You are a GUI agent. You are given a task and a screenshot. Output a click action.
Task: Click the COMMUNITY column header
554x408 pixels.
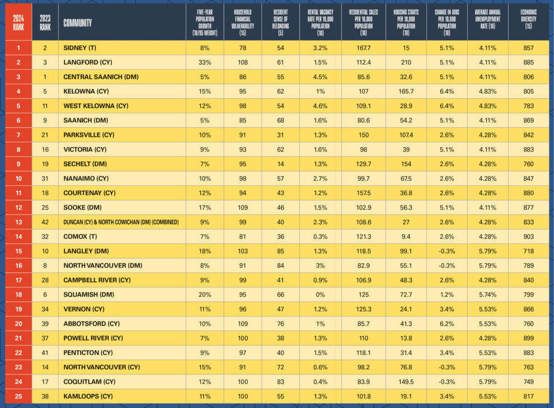click(x=77, y=23)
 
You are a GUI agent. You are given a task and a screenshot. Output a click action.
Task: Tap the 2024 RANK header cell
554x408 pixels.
click(x=19, y=22)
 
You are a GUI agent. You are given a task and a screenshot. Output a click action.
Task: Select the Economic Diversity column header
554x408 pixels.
click(x=528, y=19)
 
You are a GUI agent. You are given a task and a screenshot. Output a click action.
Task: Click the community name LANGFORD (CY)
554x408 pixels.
click(x=87, y=62)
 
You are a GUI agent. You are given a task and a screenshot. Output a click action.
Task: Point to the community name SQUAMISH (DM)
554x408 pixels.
click(x=89, y=295)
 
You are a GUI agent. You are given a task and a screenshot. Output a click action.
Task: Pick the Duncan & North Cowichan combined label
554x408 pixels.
click(x=121, y=222)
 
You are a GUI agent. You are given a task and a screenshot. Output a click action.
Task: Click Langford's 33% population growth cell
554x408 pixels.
click(x=205, y=62)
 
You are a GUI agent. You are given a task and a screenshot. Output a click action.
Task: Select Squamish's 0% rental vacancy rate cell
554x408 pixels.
click(x=320, y=295)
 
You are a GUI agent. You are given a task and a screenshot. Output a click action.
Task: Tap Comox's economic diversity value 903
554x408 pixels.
click(x=528, y=236)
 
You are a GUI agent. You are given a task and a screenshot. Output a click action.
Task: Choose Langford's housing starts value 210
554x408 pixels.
click(x=406, y=62)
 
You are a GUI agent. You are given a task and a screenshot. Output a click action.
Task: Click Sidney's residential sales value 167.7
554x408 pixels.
click(x=363, y=48)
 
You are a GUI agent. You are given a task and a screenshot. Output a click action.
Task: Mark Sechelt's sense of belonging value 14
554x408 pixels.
click(x=280, y=164)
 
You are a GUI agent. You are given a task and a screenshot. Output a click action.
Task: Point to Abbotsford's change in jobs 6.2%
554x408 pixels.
click(x=446, y=323)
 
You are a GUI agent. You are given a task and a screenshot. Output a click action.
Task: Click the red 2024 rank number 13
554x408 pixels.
click(x=19, y=222)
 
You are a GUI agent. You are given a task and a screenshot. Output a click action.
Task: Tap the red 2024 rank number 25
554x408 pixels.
click(x=19, y=396)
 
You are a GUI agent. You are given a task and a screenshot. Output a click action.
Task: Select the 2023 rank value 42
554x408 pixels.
click(x=45, y=222)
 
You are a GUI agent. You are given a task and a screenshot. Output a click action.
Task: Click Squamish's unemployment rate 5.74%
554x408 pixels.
click(x=488, y=295)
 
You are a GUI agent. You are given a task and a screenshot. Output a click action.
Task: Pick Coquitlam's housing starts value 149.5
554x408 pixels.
click(x=406, y=382)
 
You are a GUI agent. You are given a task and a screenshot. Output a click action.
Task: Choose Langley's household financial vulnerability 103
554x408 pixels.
click(x=243, y=251)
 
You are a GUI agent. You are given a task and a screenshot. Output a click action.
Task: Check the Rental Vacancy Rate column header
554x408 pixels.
click(x=320, y=22)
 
